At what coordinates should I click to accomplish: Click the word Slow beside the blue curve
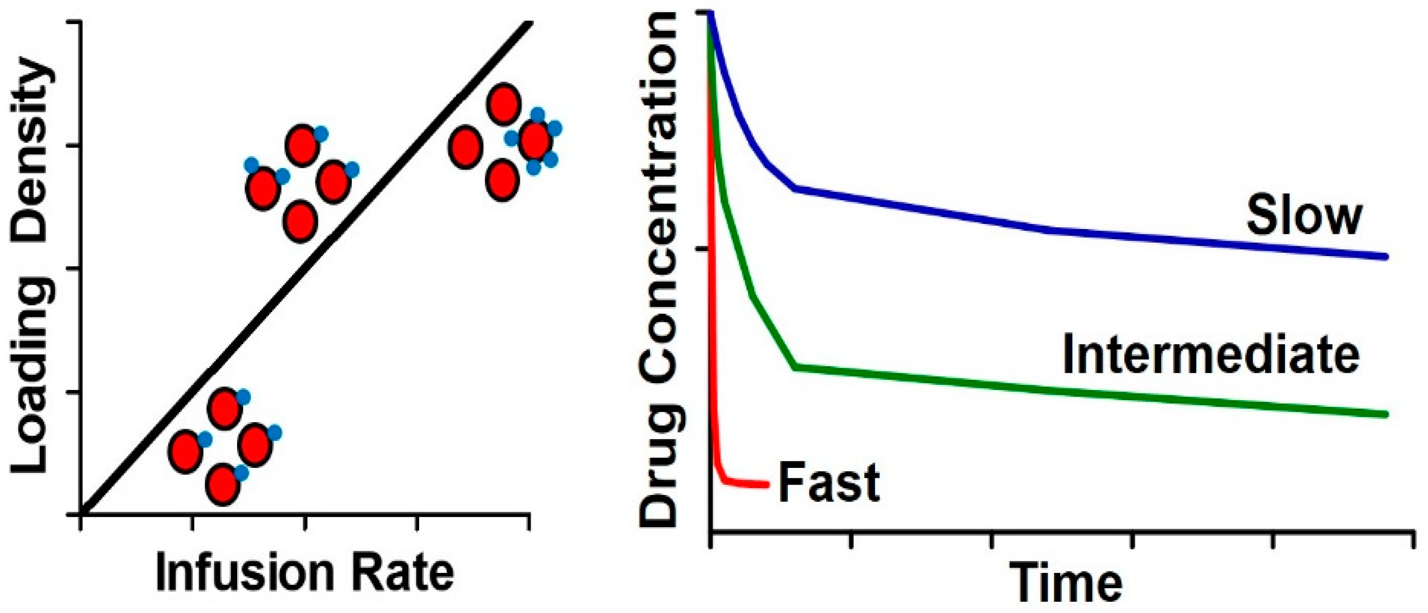[1304, 217]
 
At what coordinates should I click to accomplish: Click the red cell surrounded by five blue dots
[536, 141]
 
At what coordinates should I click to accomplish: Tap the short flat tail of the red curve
[749, 484]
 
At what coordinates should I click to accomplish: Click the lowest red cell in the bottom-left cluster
[222, 484]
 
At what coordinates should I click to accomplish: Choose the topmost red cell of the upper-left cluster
[302, 145]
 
